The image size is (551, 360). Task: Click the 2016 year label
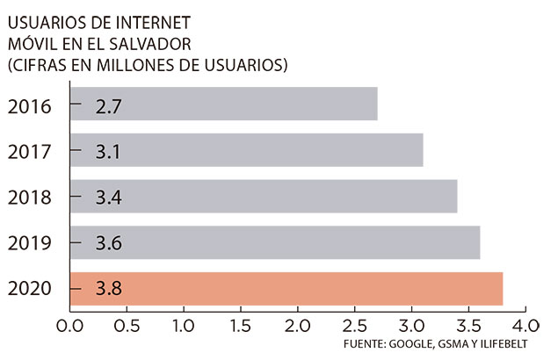coord(30,107)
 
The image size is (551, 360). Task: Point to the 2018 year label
coord(30,197)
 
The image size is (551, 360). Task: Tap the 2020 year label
coord(30,288)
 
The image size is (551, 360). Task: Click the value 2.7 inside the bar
coord(109,107)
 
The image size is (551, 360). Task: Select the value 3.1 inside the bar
coord(109,153)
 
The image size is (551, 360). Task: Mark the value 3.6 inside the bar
coord(109,242)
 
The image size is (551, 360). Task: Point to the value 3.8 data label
coord(109,288)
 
